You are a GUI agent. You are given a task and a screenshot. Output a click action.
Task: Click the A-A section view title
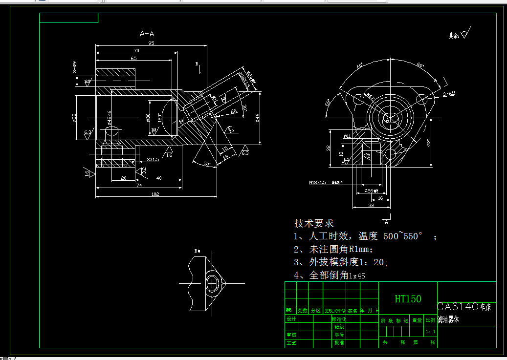click(x=147, y=34)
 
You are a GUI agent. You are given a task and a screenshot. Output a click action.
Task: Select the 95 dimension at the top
click(x=151, y=43)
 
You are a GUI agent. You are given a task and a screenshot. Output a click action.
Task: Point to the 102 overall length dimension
click(x=155, y=194)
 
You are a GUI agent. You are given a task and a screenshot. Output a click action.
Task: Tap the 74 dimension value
click(x=139, y=186)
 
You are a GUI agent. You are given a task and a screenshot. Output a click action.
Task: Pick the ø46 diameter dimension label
click(x=257, y=117)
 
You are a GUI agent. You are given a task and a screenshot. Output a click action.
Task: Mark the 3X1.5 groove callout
click(x=153, y=160)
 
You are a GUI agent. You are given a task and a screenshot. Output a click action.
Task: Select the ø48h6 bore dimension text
click(x=109, y=117)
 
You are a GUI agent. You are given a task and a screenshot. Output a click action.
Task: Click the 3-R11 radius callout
click(x=449, y=93)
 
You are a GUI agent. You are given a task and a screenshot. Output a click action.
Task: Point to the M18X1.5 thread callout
click(x=317, y=182)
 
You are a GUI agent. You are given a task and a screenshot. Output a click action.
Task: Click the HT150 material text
click(x=408, y=299)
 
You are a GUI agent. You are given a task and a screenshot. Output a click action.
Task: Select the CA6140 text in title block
click(x=458, y=307)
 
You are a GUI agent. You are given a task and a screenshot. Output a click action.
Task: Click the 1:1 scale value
click(x=430, y=332)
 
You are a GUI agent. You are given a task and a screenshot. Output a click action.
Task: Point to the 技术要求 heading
click(x=313, y=223)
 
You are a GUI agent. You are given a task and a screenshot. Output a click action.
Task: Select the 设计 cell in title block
click(x=291, y=318)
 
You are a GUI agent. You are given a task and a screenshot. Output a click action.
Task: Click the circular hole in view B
click(x=213, y=283)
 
